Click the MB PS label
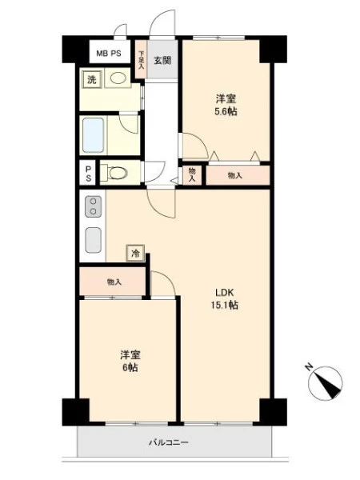pos(109,54)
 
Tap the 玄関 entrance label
pos(162,61)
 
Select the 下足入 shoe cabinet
pos(141,59)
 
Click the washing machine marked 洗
pos(92,79)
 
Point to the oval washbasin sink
pos(118,78)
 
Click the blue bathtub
pos(93,135)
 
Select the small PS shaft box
pos(88,173)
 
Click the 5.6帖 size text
pos(226,112)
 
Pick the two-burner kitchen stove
pos(93,206)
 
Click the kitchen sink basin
pos(93,240)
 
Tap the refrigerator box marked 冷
pos(135,253)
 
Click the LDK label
pos(224,293)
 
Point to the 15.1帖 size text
pos(224,306)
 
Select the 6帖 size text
pos(130,367)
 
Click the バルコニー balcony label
pos(169,442)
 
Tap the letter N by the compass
pos(309,366)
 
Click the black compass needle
pos(329,385)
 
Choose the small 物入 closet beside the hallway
pos(192,175)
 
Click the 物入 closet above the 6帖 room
pos(113,282)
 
